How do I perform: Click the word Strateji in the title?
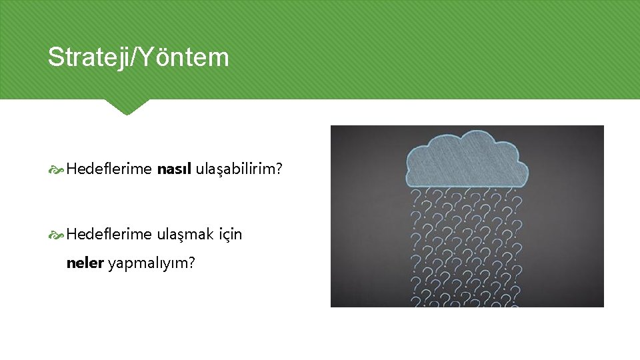tap(89, 58)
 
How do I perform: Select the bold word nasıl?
tap(174, 169)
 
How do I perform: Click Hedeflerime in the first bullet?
tap(109, 169)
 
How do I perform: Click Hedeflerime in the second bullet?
tap(109, 234)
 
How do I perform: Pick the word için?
tap(229, 234)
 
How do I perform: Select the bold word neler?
tap(85, 263)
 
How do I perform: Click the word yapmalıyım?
tap(151, 263)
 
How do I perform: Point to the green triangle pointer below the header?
tap(126, 107)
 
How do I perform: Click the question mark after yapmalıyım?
tap(192, 263)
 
